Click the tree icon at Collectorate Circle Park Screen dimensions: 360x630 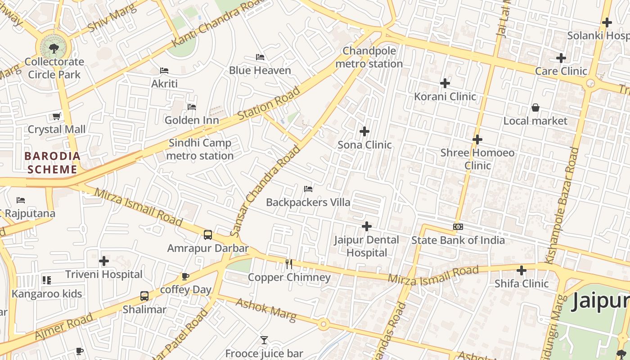54,48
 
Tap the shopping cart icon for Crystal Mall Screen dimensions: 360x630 56,117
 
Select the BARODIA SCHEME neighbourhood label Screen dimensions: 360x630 53,163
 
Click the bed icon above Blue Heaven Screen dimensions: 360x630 260,57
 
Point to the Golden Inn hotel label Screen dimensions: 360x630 192,120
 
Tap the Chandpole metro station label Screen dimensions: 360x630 369,57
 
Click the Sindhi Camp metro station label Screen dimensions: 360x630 200,149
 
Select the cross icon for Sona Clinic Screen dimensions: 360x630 364,131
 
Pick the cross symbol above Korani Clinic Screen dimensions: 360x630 445,83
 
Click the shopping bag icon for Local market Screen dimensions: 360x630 535,108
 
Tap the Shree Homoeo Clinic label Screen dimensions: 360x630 477,159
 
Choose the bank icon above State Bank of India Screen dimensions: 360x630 458,227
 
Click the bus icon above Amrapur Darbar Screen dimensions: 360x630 208,234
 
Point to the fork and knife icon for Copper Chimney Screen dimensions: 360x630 289,264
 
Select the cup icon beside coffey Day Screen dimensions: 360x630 185,276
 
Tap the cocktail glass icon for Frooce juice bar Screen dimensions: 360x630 264,340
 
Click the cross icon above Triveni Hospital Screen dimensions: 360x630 104,261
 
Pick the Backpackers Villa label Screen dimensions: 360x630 308,202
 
